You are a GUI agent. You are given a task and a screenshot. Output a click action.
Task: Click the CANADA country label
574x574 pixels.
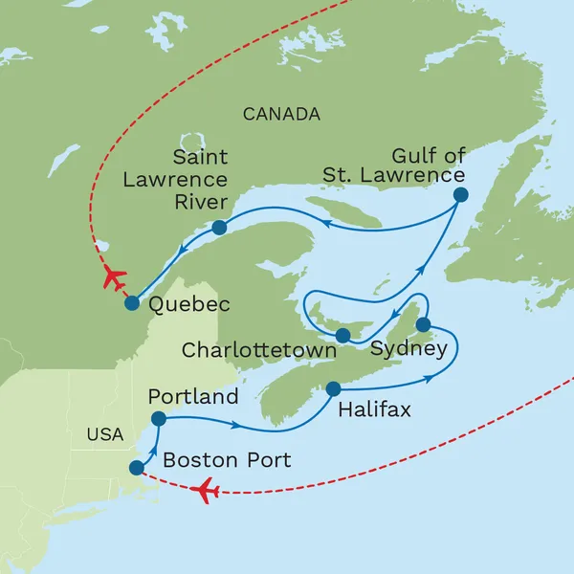click(281, 115)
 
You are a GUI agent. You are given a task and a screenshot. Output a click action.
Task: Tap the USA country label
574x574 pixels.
click(104, 434)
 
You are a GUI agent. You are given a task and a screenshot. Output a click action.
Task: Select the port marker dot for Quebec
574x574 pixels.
click(132, 303)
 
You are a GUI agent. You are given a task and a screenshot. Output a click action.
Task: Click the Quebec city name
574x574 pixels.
click(190, 305)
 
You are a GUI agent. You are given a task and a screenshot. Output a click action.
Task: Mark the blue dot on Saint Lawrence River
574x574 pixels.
click(219, 228)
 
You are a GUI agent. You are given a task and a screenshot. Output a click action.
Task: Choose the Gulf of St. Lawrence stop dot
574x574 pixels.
click(460, 194)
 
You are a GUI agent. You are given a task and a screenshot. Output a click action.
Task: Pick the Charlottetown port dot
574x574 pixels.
click(342, 335)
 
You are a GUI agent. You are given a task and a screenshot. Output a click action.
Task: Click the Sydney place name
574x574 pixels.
click(408, 349)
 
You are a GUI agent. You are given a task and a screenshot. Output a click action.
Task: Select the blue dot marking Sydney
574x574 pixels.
click(423, 324)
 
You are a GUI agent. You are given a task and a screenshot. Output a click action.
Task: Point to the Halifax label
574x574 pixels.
click(375, 410)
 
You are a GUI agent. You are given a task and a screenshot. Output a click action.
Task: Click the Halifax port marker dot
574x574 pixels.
click(334, 388)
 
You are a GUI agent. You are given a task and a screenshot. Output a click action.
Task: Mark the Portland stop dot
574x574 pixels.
click(159, 419)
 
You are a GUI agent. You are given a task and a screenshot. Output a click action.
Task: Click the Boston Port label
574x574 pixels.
click(227, 460)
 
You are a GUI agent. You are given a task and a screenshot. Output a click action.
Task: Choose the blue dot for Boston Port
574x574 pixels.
click(137, 468)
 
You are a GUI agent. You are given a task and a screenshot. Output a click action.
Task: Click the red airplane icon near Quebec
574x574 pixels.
click(113, 278)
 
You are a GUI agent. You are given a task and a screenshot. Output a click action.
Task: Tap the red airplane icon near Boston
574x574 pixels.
click(205, 492)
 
